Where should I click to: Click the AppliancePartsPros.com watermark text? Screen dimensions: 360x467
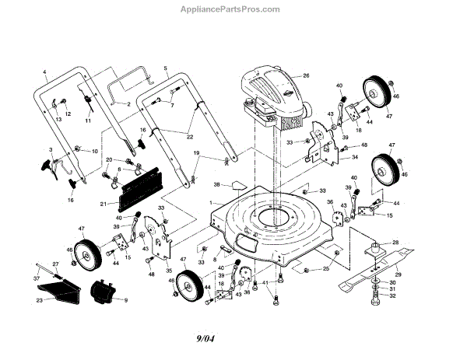tap(233, 9)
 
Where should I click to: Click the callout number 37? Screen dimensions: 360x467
tap(36, 278)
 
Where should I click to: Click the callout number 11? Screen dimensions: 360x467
tap(87, 123)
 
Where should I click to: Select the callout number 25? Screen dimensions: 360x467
tap(325, 268)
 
